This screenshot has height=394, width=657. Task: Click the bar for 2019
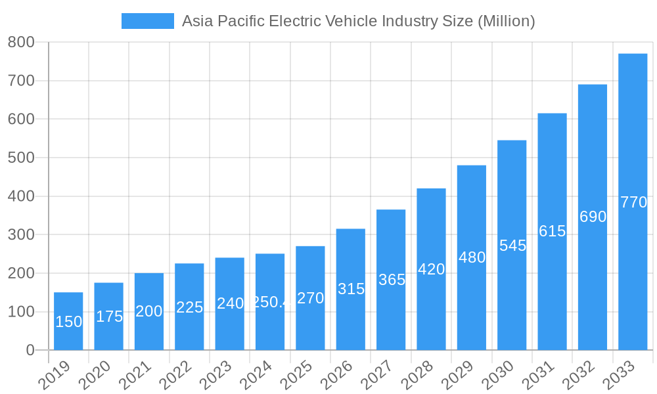68,321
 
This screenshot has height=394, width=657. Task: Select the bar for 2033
633,202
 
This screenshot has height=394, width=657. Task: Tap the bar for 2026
351,289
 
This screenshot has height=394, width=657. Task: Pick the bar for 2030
512,245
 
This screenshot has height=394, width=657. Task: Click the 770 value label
633,202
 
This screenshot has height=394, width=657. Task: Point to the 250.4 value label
270,302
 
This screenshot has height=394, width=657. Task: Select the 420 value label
431,269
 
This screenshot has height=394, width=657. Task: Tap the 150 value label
68,322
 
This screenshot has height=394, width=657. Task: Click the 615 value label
552,231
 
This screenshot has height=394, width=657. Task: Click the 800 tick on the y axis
21,43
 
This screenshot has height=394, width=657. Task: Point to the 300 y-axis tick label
21,235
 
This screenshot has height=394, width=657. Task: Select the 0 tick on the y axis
30,351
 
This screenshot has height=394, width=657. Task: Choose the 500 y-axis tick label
21,158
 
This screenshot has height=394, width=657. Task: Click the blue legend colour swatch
148,21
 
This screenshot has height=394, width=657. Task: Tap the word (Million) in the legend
506,21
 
